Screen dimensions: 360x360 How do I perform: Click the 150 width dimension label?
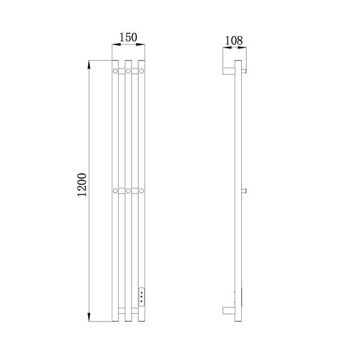[128, 37]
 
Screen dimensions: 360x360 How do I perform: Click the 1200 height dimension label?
[82, 185]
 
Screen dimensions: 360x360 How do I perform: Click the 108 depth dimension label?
[233, 41]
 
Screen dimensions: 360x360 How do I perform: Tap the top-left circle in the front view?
[115, 71]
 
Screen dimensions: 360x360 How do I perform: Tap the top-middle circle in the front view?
[128, 71]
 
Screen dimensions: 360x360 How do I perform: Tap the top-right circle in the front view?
[142, 71]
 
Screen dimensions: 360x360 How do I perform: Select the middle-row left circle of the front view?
[115, 191]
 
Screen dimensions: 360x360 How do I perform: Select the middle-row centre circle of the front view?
[128, 191]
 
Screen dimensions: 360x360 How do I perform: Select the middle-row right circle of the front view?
[142, 191]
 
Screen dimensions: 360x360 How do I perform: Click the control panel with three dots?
[142, 296]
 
